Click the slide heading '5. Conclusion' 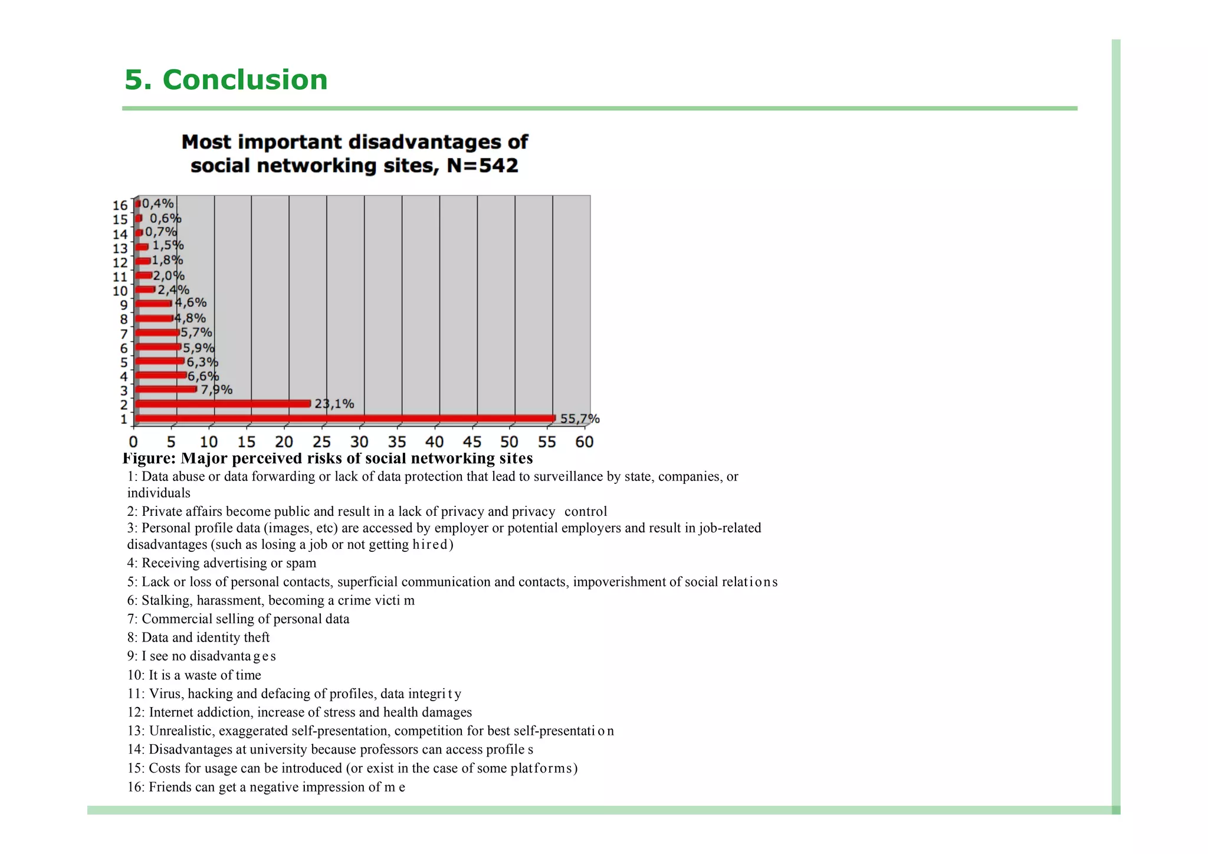(x=226, y=80)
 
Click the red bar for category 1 (x=345, y=418)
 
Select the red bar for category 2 (x=223, y=404)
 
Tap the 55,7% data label (x=579, y=419)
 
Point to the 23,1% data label (x=334, y=404)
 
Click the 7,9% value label (x=216, y=390)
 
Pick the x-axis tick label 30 (x=359, y=442)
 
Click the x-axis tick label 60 (x=584, y=442)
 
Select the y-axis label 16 (x=120, y=205)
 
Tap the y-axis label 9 (x=124, y=305)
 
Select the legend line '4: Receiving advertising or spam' (x=222, y=563)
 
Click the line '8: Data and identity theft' (x=198, y=637)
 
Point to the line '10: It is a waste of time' (x=194, y=675)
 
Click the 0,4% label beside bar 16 (x=157, y=204)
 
